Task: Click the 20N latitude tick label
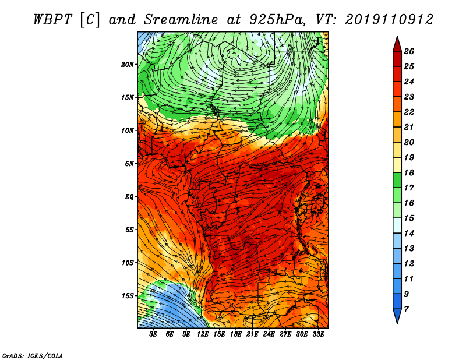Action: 127,65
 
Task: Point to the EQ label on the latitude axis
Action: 129,197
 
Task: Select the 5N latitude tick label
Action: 129,164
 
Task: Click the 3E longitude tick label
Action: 153,334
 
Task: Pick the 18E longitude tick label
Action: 236,334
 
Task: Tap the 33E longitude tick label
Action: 318,334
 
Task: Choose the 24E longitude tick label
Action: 269,334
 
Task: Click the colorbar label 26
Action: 409,51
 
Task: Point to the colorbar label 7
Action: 406,309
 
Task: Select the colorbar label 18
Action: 409,172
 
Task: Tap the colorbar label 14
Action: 409,234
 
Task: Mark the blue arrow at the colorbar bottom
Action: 397,315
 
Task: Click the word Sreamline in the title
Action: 181,20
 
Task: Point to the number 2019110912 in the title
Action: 389,20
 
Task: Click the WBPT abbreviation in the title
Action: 52,20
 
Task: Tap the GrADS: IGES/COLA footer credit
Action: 33,356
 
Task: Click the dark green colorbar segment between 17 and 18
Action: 397,180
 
